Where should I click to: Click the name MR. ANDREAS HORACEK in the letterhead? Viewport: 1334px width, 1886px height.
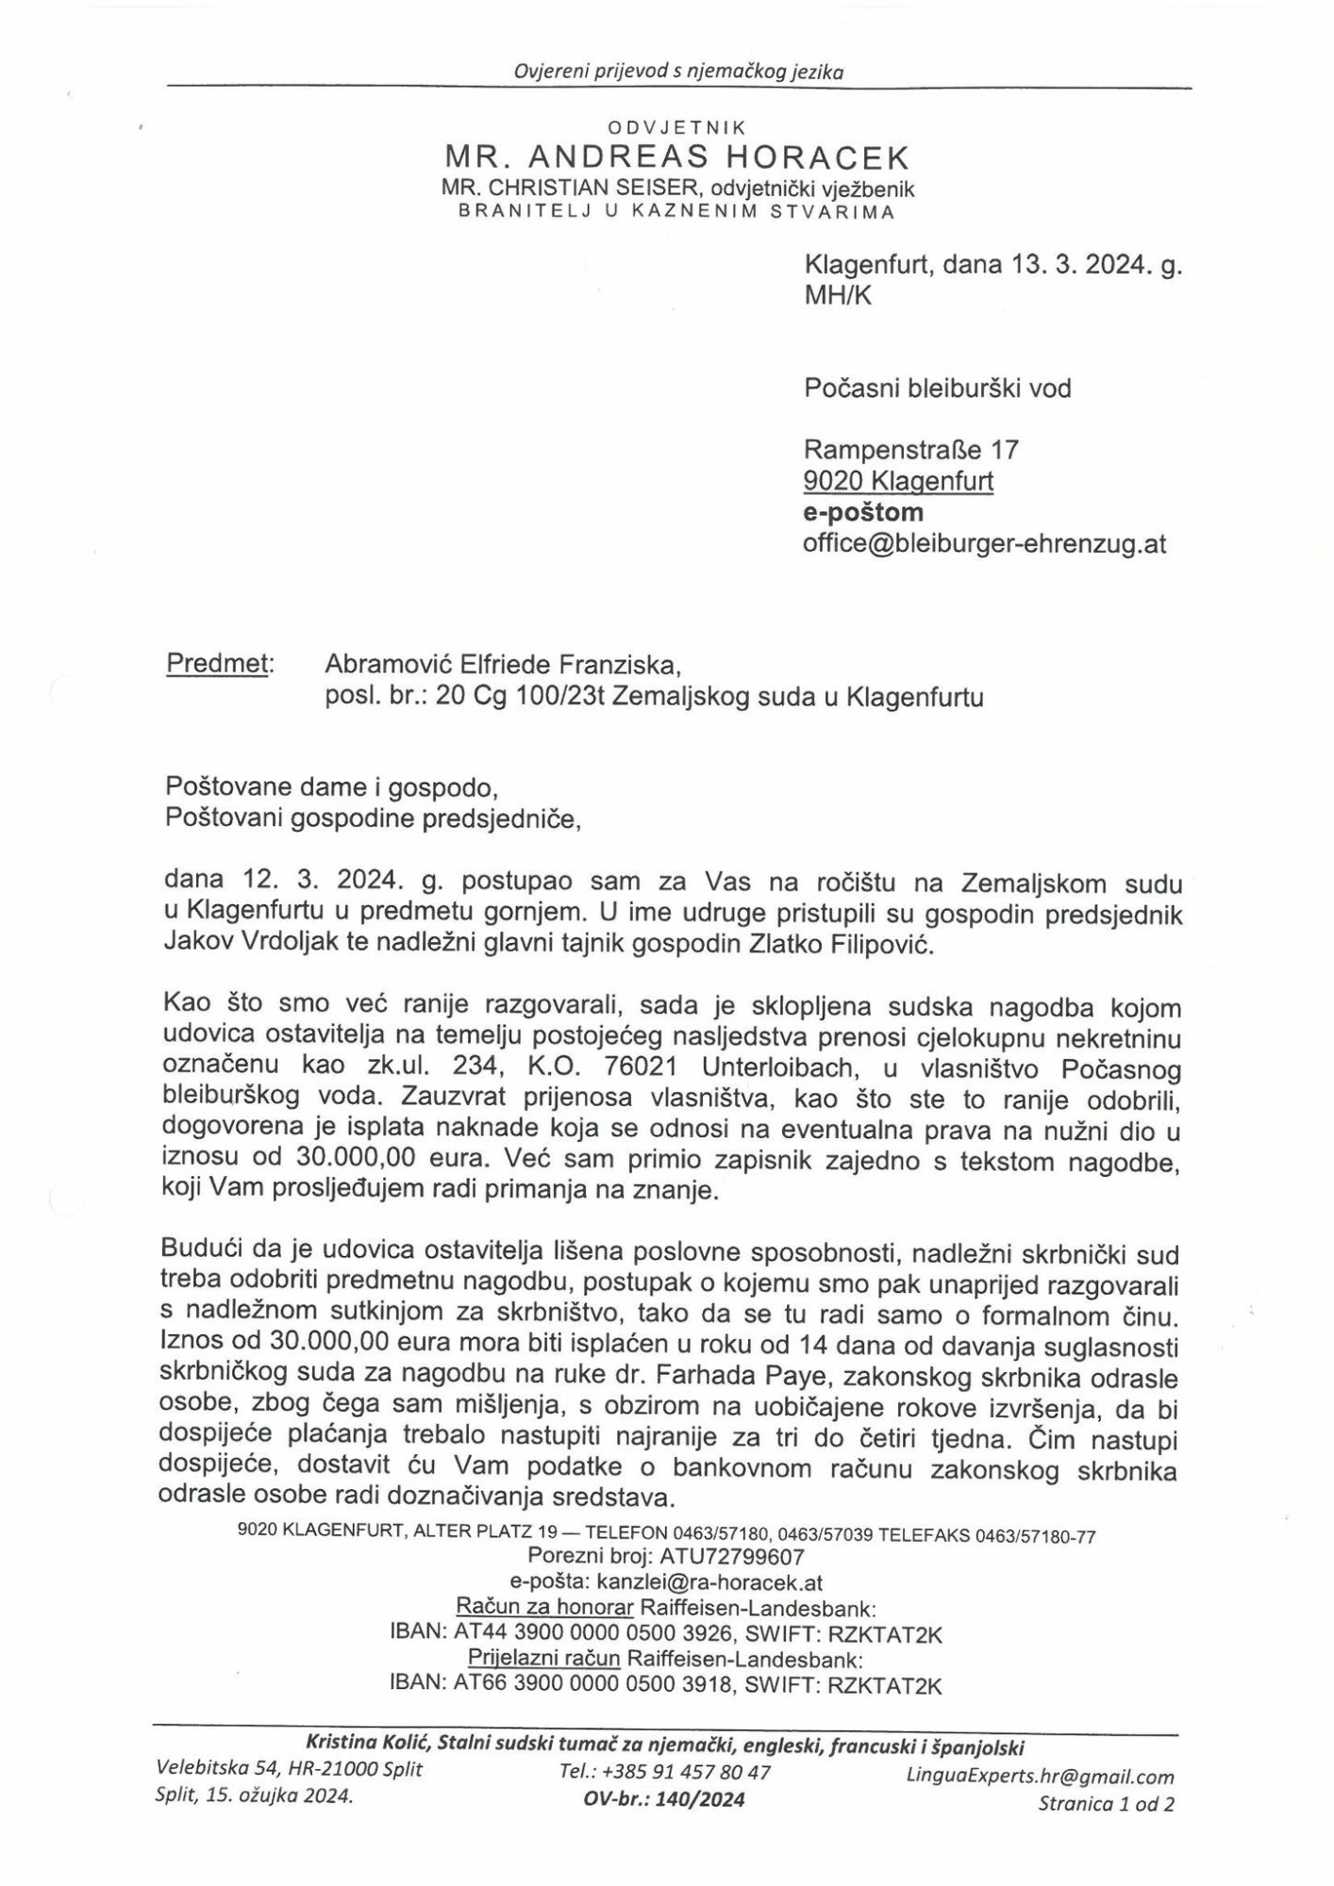(x=676, y=157)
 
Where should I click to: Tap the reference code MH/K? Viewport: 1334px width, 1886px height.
(x=838, y=296)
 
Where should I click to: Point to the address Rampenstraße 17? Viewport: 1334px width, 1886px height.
(x=910, y=449)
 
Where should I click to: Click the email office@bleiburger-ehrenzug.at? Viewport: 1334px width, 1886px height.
(x=985, y=544)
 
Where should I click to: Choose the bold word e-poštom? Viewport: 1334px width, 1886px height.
(x=863, y=512)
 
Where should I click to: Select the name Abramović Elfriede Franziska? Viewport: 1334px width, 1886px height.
(x=502, y=665)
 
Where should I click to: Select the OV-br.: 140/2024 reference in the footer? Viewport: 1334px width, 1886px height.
(x=664, y=1800)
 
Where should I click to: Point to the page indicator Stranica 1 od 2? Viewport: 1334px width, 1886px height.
(x=1106, y=1805)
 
